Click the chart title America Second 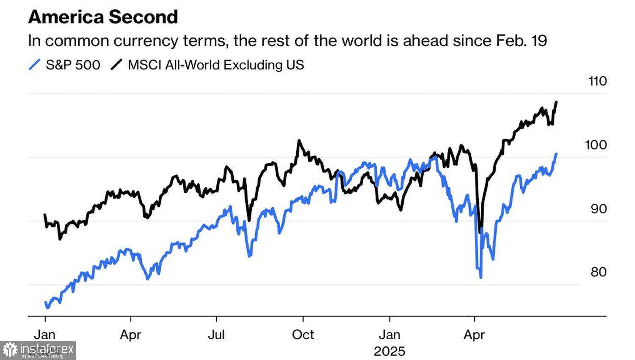(x=103, y=17)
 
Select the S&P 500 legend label (x=73, y=65)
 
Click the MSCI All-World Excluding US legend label (x=215, y=65)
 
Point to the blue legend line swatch (x=35, y=65)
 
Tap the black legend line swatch (x=116, y=65)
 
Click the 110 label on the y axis (x=597, y=81)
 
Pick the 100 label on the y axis (x=596, y=145)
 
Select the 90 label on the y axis (x=599, y=209)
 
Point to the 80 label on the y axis (x=599, y=272)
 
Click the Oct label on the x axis (x=303, y=335)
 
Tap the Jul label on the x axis (x=216, y=335)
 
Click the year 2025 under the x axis (x=389, y=351)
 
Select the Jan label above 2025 (x=389, y=335)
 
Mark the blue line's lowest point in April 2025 (x=481, y=277)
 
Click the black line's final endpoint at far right (x=556, y=102)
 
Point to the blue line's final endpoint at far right (x=556, y=154)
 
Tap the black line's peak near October (x=299, y=141)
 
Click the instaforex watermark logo (x=38, y=350)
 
